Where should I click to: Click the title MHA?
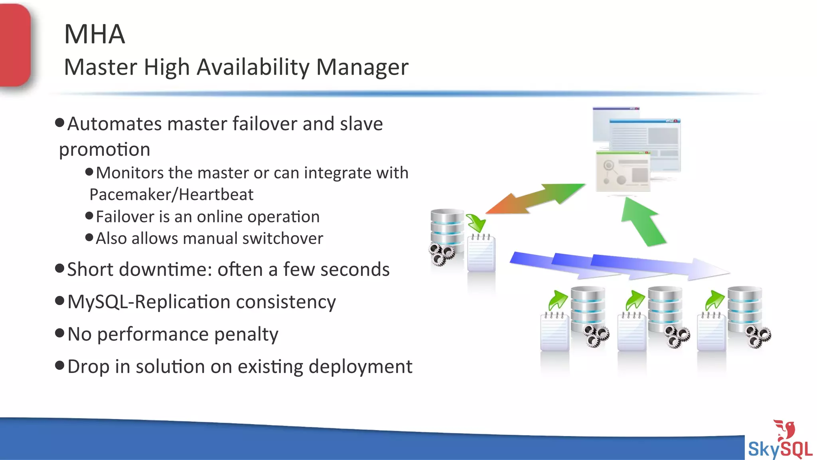[x=95, y=34]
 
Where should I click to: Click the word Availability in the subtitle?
[x=253, y=67]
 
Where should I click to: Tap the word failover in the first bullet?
[x=265, y=124]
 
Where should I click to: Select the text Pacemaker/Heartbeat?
[x=171, y=195]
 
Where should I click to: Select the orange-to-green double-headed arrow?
[x=535, y=198]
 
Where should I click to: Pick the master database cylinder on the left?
[x=447, y=232]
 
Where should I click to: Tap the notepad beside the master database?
[x=481, y=254]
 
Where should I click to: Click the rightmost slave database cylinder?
[x=744, y=309]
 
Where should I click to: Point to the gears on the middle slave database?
[x=676, y=337]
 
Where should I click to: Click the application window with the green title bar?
[x=622, y=171]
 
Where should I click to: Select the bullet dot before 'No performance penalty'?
[x=60, y=333]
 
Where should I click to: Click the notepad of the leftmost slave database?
[x=555, y=332]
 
